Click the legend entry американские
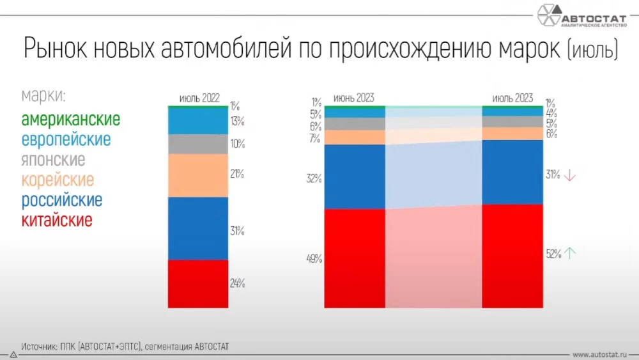[x=70, y=120]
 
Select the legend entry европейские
[x=66, y=139]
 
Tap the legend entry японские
[x=53, y=159]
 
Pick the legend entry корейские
[x=58, y=180]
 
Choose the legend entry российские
[x=61, y=200]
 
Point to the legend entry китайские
[x=57, y=221]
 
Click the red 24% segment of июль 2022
[x=198, y=283]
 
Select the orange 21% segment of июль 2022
[x=198, y=175]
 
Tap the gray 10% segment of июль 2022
[x=198, y=144]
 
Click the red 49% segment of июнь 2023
[x=355, y=258]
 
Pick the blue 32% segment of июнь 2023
[x=355, y=176]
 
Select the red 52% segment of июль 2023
[x=512, y=256]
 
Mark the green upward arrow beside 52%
[x=571, y=253]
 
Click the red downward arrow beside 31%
[x=571, y=175]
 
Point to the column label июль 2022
[x=199, y=98]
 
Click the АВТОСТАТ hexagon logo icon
[x=548, y=16]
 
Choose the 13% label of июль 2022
[x=237, y=121]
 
